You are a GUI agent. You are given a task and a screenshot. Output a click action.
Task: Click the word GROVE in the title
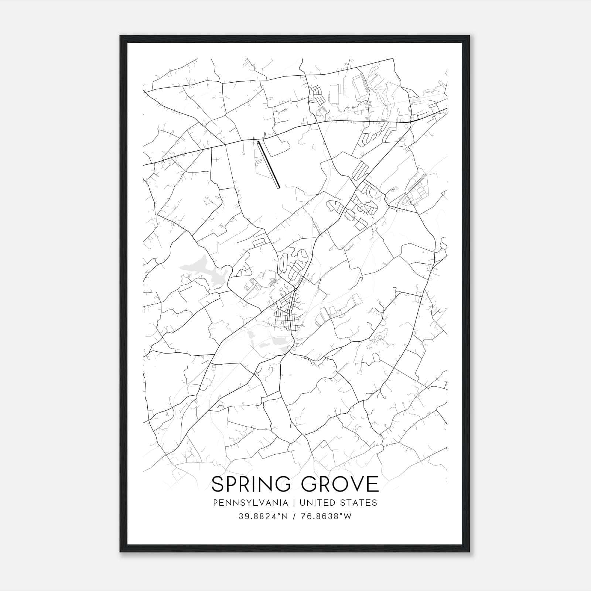coord(342,484)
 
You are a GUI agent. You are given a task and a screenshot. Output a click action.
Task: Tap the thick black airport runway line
coord(269,165)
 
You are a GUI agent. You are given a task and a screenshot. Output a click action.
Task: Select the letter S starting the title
coord(217,484)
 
